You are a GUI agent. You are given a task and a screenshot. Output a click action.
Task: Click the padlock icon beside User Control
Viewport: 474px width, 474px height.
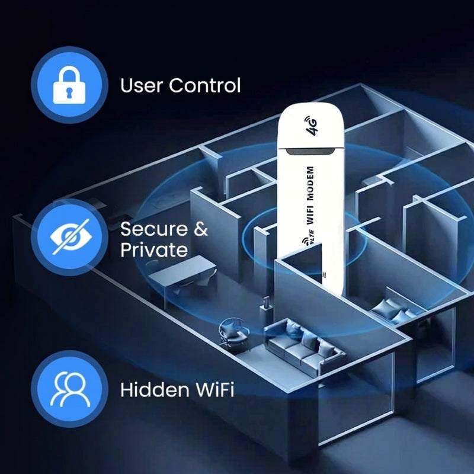point(69,85)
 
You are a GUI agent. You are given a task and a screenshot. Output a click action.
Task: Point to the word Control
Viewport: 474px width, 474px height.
point(205,85)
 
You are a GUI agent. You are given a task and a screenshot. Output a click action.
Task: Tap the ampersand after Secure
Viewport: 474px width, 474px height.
point(200,229)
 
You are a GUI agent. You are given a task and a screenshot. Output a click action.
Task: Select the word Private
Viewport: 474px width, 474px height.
point(154,249)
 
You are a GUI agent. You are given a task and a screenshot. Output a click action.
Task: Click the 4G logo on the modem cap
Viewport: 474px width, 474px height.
point(311,126)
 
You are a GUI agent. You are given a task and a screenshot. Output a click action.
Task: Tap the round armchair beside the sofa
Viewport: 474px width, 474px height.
point(230,329)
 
